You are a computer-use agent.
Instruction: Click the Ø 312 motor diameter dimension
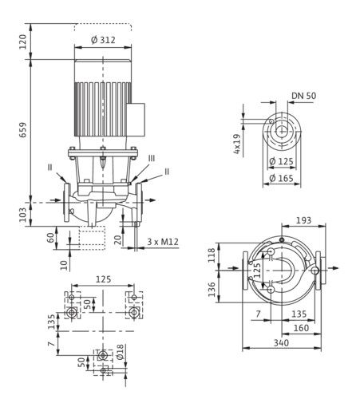pos(103,40)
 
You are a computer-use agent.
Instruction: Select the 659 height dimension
pos(23,130)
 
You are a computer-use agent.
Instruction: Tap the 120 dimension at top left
pos(23,41)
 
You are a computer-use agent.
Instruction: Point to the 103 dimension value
pos(23,215)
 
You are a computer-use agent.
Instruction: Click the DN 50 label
pos(304,96)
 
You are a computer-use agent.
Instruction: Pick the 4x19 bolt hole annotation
pos(236,144)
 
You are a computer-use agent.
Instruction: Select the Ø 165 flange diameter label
pos(281,178)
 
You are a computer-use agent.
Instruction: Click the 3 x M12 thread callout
pos(163,242)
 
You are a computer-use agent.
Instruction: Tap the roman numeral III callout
pos(152,159)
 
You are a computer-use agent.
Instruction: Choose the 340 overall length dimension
pos(281,342)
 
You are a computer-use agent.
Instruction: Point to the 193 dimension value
pos(303,220)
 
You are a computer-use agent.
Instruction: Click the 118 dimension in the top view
pos(212,255)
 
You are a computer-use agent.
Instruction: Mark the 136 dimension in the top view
pos(212,290)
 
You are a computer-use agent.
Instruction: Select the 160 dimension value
pos(301,328)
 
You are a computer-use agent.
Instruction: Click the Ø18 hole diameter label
pos(120,352)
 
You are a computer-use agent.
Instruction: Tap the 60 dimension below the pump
pos(50,238)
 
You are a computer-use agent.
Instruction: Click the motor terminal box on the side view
pos(136,120)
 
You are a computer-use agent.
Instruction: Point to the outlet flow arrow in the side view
pos(150,200)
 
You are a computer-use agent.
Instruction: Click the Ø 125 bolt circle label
pos(281,161)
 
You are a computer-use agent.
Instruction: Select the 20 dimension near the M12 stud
pos(119,240)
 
